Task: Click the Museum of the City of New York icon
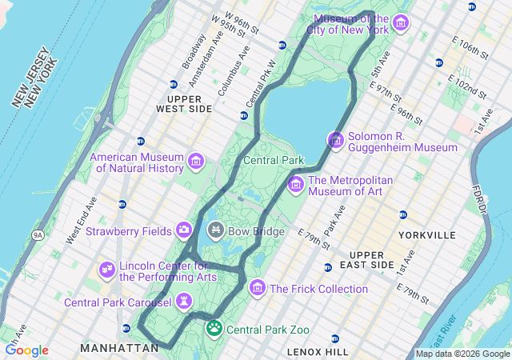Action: point(400,22)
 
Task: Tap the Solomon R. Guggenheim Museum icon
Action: point(336,141)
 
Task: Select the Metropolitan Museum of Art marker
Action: point(295,184)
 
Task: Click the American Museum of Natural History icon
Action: point(195,162)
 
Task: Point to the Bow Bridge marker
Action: point(215,231)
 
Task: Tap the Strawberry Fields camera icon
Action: point(185,230)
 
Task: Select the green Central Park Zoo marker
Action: point(214,328)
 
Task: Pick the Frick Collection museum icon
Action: point(258,288)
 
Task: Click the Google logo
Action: point(26,350)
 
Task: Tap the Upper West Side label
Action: point(184,102)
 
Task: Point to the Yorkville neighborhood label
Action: point(426,235)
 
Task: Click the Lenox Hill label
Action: point(318,351)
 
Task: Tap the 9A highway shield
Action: point(37,234)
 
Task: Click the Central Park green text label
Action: point(274,160)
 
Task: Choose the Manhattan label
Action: point(119,348)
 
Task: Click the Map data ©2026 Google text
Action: point(462,354)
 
